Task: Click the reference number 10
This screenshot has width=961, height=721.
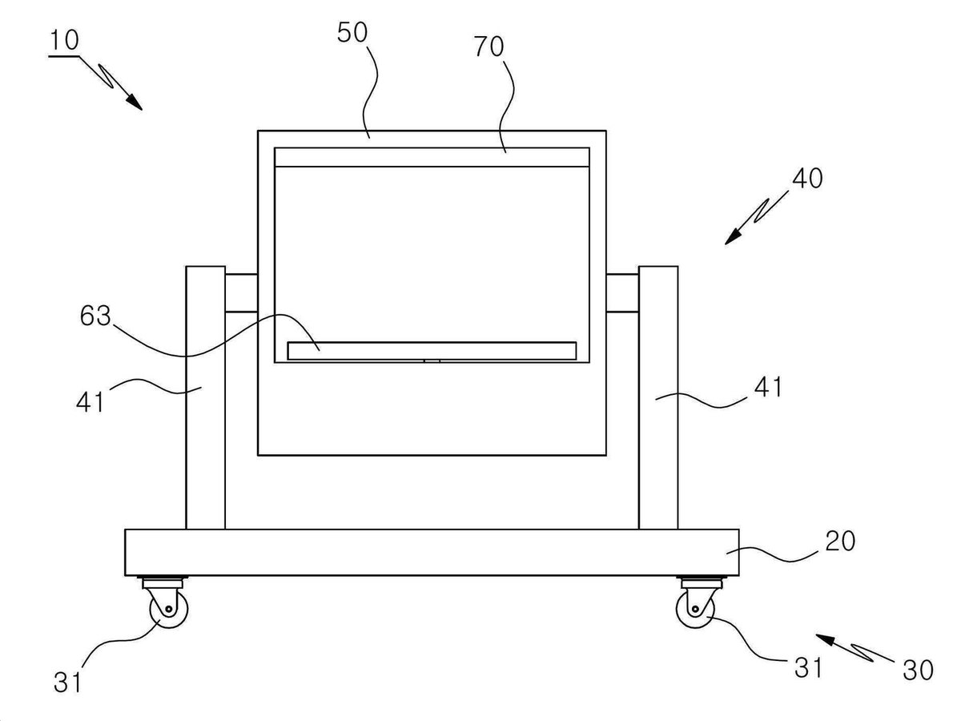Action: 65,40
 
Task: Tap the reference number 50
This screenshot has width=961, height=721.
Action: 352,32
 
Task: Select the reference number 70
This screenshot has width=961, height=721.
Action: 489,46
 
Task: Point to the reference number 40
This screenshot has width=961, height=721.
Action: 808,178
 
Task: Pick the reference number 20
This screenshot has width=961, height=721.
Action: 840,541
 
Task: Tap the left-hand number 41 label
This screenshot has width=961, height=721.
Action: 90,401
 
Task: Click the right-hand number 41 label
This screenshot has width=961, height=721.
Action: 767,387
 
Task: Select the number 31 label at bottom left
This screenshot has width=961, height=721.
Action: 67,682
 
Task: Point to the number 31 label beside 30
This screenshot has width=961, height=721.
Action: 808,668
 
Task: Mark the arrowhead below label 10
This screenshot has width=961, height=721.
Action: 135,102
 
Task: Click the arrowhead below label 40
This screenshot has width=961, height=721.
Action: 734,237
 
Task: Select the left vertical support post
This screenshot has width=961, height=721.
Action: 206,397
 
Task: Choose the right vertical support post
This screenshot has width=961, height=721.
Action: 658,397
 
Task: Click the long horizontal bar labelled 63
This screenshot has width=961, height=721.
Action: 432,351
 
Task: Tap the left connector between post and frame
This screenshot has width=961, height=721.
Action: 241,293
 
